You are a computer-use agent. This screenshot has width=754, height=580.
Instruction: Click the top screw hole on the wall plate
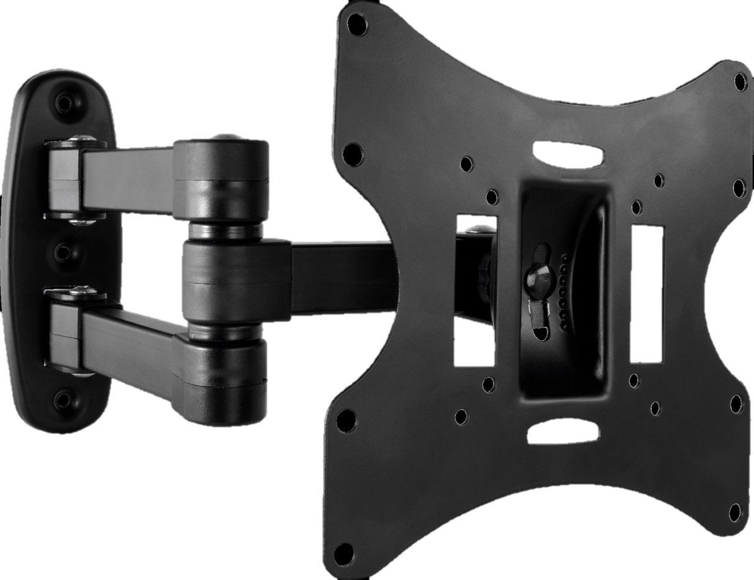64,102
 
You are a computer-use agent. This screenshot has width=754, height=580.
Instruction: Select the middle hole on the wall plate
63,251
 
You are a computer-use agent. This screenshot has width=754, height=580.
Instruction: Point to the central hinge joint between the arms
235,279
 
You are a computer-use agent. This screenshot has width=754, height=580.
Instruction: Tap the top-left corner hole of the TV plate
356,25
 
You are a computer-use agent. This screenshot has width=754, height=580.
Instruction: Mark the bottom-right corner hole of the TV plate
737,404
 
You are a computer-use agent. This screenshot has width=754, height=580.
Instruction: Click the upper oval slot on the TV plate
568,154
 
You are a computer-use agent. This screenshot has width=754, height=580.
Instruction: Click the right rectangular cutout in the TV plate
648,293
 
